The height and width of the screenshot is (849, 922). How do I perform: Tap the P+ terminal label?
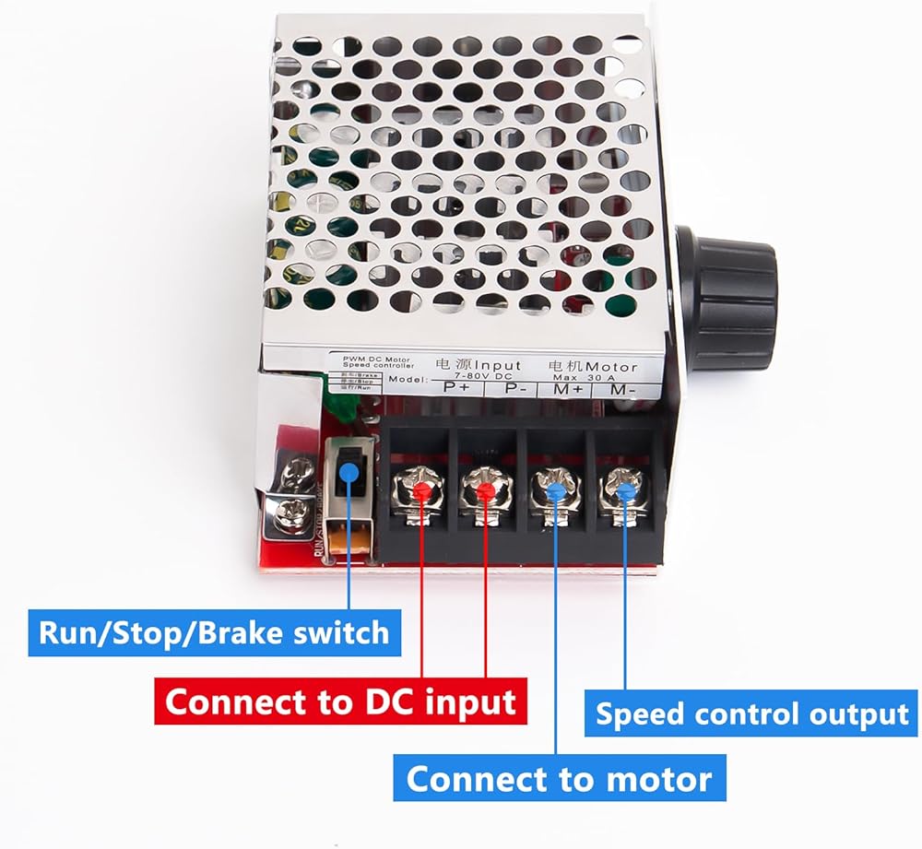click(x=456, y=387)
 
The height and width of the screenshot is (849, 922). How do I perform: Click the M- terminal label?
click(x=622, y=391)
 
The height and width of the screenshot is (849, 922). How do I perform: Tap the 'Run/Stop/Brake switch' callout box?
click(x=214, y=633)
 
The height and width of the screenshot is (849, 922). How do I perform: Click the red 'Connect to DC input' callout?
click(x=341, y=702)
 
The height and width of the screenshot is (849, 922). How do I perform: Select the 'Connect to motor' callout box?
click(x=560, y=779)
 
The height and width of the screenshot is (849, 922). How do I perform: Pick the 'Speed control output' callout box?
click(x=752, y=714)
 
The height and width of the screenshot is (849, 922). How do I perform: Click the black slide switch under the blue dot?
click(x=349, y=479)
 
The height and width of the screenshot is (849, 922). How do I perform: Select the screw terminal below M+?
click(x=552, y=490)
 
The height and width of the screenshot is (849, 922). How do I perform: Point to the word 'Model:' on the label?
click(x=406, y=380)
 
